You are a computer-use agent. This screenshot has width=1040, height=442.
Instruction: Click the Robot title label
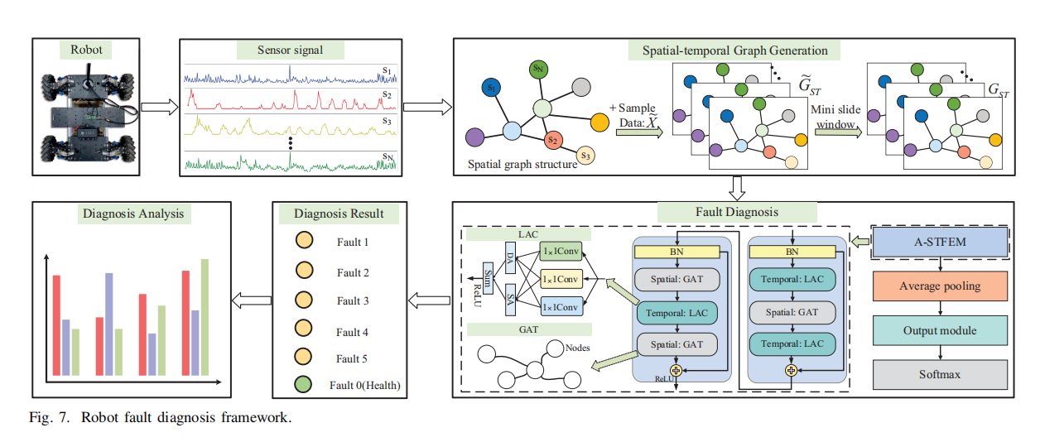tap(86, 50)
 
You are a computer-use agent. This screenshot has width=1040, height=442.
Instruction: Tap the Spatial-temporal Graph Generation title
tap(734, 50)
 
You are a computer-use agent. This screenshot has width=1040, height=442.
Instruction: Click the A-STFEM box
tap(940, 242)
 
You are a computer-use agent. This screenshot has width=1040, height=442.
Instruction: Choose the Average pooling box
tap(940, 286)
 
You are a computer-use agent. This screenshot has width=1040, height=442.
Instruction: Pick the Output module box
tap(940, 330)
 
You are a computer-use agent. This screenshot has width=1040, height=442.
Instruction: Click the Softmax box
tap(940, 374)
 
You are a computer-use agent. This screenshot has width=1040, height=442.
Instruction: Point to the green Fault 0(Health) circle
tap(304, 384)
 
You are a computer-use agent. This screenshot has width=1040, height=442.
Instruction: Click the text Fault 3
tap(353, 301)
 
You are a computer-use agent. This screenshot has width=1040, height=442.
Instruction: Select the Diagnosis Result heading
tap(339, 214)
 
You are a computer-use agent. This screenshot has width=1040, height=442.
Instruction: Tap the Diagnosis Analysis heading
tap(133, 214)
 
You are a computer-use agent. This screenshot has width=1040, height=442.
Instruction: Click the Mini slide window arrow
tap(834, 132)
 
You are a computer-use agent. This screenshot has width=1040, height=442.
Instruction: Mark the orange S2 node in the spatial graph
tap(554, 140)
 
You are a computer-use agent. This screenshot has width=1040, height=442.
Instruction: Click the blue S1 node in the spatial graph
tap(492, 86)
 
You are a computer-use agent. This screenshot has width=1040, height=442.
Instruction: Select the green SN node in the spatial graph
tap(538, 70)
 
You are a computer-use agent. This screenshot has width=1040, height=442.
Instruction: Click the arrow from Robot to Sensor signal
tap(160, 108)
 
